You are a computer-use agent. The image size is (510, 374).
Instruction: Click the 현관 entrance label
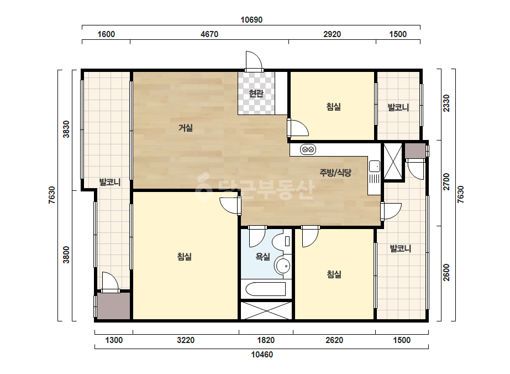coord(256,94)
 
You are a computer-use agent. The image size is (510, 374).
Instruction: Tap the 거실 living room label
coord(186,128)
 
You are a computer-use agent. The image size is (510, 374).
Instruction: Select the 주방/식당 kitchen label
coord(335,173)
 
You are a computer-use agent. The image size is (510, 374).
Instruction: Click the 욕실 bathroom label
coord(263,257)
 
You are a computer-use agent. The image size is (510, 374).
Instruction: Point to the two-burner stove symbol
coord(308,149)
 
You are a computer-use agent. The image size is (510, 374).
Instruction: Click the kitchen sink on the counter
coord(375,166)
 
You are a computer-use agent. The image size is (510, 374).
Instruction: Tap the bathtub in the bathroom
coord(265,289)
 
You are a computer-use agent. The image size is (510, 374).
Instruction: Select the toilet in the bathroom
coord(281,241)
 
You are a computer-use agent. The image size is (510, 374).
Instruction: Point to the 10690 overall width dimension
coord(251,20)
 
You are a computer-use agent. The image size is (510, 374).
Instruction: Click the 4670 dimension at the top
coord(209,34)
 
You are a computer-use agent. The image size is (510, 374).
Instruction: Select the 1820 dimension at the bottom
coord(266,340)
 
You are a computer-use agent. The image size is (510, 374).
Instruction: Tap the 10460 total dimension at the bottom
coord(262,355)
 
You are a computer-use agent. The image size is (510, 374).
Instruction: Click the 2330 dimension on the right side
coord(446,103)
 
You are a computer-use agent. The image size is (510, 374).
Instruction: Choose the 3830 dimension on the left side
coord(66,129)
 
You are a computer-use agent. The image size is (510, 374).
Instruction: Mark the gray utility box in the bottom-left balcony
coord(113,306)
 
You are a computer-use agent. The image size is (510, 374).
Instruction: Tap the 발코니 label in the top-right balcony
coord(398,107)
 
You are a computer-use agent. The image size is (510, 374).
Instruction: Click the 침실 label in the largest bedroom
coord(185,257)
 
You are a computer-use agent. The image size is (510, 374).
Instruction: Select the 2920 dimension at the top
coord(332,34)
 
